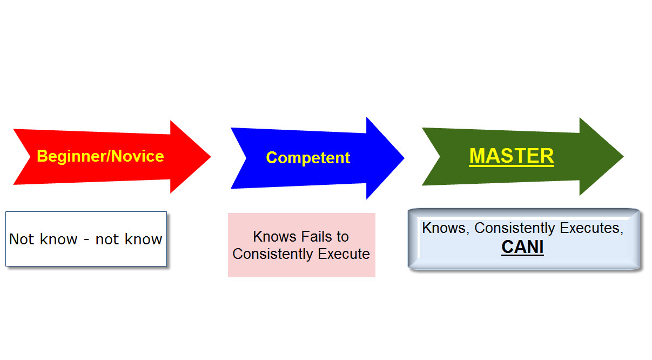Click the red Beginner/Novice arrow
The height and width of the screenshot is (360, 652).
pos(112,157)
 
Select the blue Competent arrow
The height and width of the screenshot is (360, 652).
pos(317,158)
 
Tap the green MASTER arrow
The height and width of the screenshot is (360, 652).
pos(523,156)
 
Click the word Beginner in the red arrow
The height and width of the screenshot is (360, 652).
pos(71,156)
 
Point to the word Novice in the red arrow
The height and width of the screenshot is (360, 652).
pos(138,156)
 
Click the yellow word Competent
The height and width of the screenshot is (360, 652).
pos(308,158)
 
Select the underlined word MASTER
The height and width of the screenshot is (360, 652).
pos(512,156)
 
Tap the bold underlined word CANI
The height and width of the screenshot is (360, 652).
pos(522,247)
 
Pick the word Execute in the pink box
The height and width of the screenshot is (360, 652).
pos(344,254)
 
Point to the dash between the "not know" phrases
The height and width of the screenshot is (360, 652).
pos(86,240)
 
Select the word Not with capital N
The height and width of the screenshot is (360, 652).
pos(22,239)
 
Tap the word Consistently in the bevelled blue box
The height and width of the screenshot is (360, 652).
pos(515,228)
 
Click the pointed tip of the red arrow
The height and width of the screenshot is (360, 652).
pos(211,157)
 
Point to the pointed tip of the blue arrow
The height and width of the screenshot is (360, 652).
pos(404,158)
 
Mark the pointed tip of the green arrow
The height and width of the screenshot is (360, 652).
pos(623,156)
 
